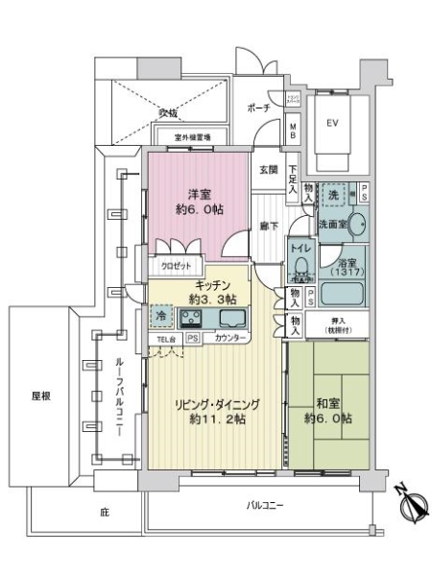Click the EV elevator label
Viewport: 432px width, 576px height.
click(x=333, y=123)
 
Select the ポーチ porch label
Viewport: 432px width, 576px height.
click(x=258, y=108)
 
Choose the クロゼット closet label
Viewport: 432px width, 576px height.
click(x=176, y=266)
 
